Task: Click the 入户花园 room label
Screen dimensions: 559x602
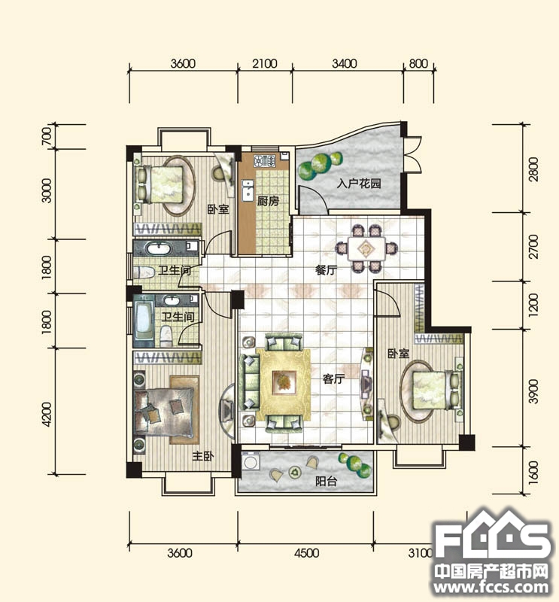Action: point(359,184)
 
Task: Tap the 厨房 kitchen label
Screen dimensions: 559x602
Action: point(268,201)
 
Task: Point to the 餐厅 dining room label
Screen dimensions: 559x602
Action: point(326,270)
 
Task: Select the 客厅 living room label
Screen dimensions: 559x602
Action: point(333,379)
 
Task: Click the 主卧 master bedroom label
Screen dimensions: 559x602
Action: point(203,456)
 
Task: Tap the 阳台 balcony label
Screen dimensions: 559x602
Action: point(327,481)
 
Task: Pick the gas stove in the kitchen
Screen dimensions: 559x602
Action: point(265,160)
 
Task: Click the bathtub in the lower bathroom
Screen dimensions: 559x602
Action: point(143,321)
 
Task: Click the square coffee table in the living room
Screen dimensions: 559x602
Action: point(284,383)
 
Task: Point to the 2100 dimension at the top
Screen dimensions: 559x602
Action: point(265,63)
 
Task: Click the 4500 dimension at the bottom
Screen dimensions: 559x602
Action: point(306,553)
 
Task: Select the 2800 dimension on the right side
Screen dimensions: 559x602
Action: point(533,169)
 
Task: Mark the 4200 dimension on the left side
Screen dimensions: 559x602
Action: point(47,414)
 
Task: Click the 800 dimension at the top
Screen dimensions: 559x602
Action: point(418,63)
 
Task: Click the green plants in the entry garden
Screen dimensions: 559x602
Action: point(320,165)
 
